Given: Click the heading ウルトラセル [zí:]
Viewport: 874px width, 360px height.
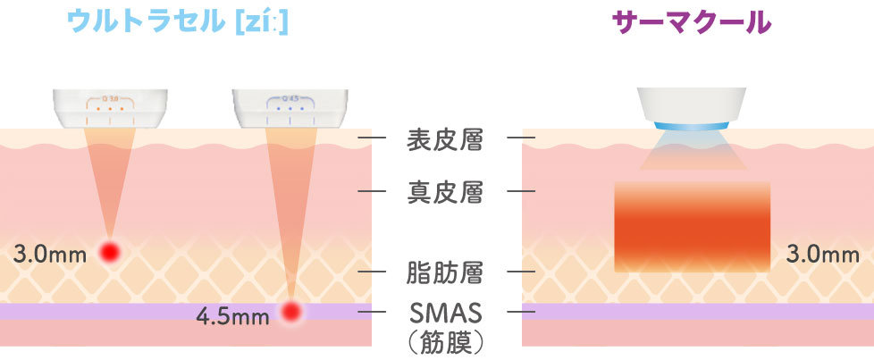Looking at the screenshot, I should (x=180, y=22).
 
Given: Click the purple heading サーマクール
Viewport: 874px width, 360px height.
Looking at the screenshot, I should (x=691, y=22).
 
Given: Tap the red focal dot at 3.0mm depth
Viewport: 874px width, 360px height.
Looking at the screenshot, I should (x=110, y=253).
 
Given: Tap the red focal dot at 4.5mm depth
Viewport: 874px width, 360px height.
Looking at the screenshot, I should (x=290, y=311).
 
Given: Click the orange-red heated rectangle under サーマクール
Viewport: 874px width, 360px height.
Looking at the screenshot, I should (x=692, y=227).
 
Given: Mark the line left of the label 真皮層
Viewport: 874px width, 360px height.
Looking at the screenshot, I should (x=372, y=191).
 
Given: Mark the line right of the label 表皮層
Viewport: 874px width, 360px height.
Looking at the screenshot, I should (x=520, y=138).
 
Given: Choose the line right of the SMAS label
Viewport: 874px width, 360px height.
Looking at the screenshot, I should (x=520, y=312).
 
